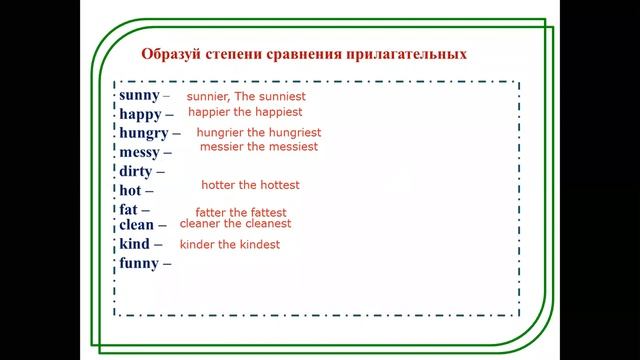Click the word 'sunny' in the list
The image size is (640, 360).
point(139,95)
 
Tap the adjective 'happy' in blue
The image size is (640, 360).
point(141,114)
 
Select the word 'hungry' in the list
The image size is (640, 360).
point(144,133)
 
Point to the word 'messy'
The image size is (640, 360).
point(140,152)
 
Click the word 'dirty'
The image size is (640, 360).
point(136,171)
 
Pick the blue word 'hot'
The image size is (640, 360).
point(130,190)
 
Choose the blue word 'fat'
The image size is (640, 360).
point(129,209)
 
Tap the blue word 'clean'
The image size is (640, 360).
point(137,225)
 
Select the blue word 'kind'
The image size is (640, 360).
point(134,244)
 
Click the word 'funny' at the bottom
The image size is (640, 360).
point(140,263)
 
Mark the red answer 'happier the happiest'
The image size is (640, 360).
point(245,112)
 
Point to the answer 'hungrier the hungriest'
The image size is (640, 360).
point(259,132)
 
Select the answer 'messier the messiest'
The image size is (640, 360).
point(259,146)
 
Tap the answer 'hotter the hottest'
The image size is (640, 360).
point(250,185)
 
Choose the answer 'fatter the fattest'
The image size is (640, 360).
point(241,213)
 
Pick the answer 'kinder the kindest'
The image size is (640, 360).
point(230,245)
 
